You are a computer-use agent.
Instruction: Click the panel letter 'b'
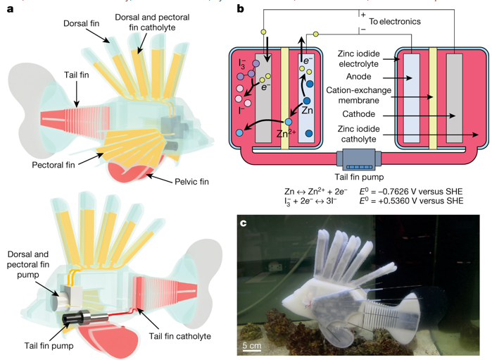click(x=240, y=9)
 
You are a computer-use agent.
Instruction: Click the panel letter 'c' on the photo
click(x=244, y=225)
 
